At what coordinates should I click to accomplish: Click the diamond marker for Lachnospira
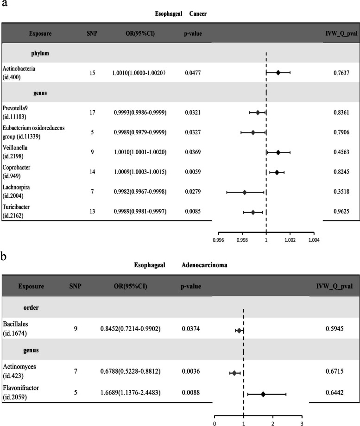(x=245, y=192)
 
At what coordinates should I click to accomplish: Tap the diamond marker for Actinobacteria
(x=278, y=73)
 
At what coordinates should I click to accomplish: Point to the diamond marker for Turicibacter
(x=253, y=212)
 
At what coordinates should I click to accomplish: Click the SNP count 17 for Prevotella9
(x=91, y=113)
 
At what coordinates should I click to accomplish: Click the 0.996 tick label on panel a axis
(x=218, y=240)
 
